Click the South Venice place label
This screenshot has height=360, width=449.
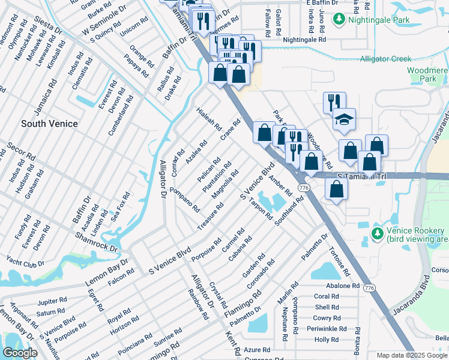click(49, 124)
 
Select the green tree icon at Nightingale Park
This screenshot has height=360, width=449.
click(339, 20)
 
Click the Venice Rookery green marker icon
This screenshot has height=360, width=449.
click(377, 233)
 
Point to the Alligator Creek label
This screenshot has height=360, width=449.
click(385, 59)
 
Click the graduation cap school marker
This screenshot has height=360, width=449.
click(344, 119)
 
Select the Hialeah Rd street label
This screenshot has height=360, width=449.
click(209, 120)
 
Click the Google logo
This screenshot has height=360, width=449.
click(20, 353)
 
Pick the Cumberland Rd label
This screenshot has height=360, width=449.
click(121, 120)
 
